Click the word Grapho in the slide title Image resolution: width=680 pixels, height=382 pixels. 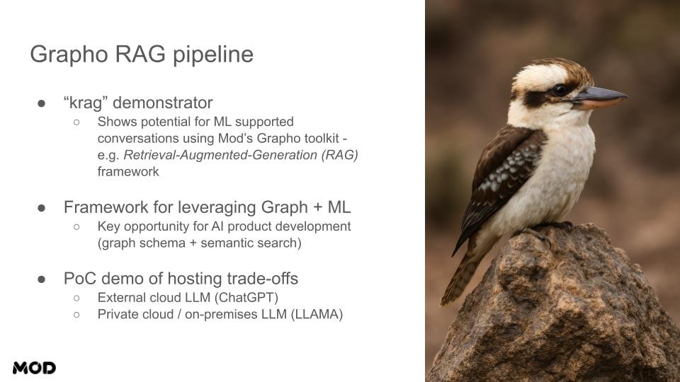coord(69,55)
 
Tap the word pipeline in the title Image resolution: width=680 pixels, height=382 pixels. coord(213,55)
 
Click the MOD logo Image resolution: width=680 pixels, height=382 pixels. coord(34,368)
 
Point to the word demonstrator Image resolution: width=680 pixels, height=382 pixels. coord(163,103)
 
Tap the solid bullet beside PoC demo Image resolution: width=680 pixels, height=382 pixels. coord(42,279)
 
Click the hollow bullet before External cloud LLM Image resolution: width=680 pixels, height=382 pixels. coord(76,298)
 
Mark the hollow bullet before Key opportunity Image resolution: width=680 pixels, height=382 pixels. coord(76,226)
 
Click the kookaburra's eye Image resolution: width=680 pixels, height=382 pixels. coord(560,90)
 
